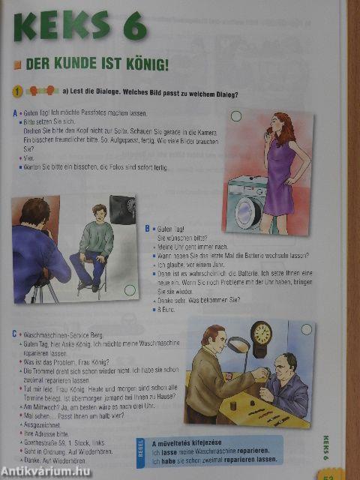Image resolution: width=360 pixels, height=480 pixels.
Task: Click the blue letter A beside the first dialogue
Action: (x=15, y=114)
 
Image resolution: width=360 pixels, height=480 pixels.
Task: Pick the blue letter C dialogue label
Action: (x=14, y=332)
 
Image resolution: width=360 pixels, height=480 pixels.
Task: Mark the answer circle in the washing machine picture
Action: (x=236, y=116)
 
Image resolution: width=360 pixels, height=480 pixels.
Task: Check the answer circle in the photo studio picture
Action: (x=130, y=289)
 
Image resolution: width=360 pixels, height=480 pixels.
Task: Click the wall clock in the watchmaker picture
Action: (x=261, y=338)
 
